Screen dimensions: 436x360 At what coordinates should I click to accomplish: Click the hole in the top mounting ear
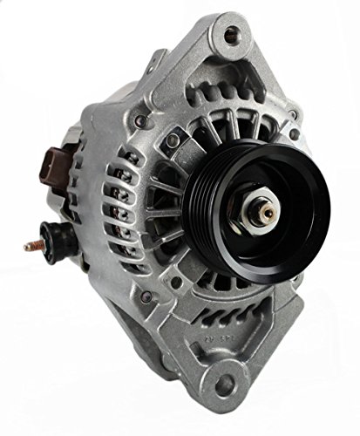pyautogui.click(x=232, y=36)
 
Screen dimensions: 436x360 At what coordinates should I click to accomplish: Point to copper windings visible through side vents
pyautogui.click(x=131, y=201)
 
